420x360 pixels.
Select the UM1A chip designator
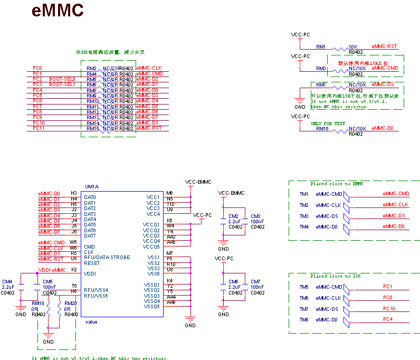coord(92,187)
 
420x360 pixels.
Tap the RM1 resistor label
coord(321,46)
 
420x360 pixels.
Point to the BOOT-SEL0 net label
coord(62,79)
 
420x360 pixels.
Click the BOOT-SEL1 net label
coord(62,84)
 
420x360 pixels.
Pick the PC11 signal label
coord(39,128)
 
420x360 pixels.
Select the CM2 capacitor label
coord(233,216)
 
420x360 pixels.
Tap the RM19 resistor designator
coord(38,304)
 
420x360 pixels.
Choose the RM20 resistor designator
coord(71,304)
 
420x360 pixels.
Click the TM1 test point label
coord(304,194)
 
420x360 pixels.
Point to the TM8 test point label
coord(304,320)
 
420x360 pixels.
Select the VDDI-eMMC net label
coord(52,270)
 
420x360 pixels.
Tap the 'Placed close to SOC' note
coord(333,276)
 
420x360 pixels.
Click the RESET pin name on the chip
coord(92,263)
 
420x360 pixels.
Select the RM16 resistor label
coord(322,128)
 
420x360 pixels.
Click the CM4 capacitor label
coord(7,281)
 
